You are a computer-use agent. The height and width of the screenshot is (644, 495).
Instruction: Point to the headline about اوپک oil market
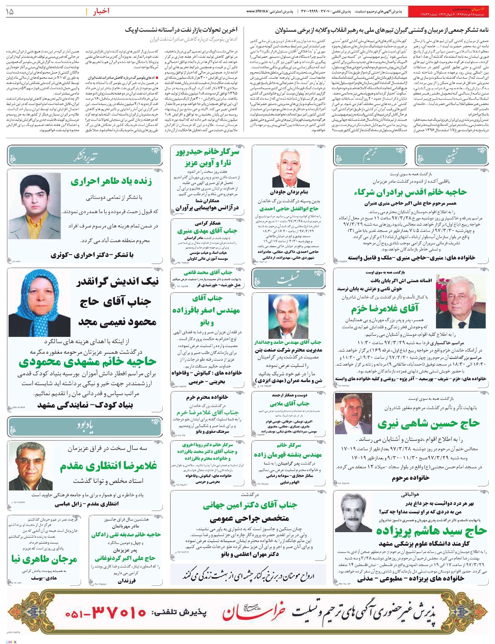182,30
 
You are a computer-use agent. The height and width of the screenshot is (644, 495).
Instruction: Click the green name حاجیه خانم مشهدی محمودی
87,362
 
